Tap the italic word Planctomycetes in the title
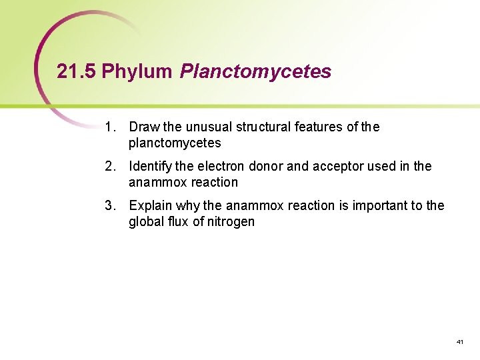[x=255, y=72]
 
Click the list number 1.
[x=110, y=127]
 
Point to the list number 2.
[x=110, y=166]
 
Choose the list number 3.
[x=110, y=205]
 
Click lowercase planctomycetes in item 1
[x=175, y=143]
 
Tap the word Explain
[x=150, y=205]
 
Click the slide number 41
[x=459, y=341]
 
